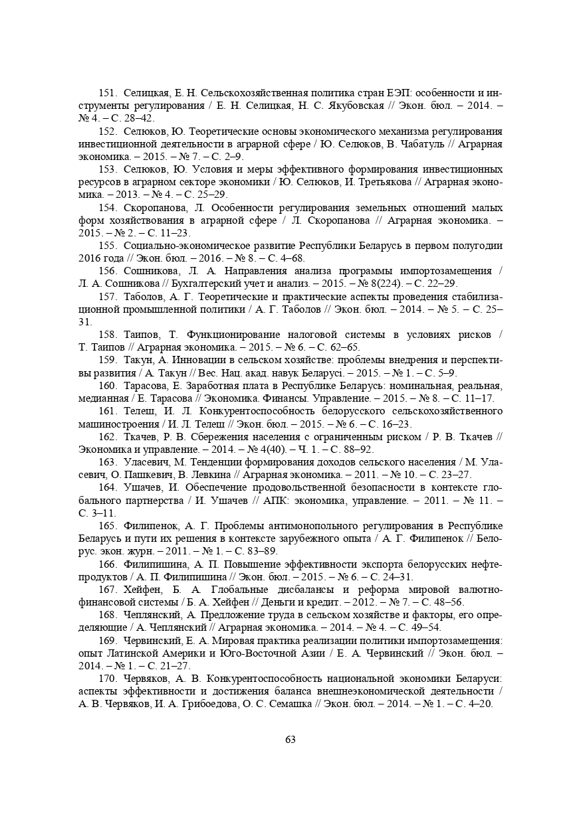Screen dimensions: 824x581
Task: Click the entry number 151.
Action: coord(108,93)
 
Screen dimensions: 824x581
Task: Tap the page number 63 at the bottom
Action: coord(290,740)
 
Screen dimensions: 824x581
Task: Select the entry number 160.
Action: coord(108,385)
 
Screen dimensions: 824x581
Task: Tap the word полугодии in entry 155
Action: coord(477,246)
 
